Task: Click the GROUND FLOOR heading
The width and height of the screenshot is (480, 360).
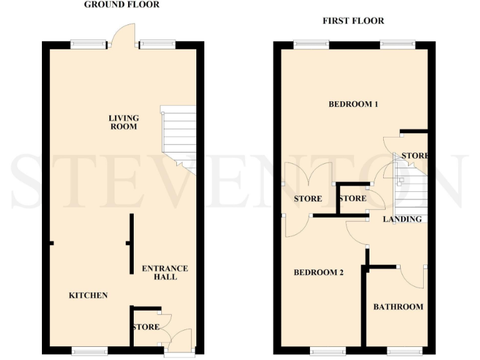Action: (x=122, y=5)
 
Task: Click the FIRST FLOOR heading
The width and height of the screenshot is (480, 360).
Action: (x=353, y=21)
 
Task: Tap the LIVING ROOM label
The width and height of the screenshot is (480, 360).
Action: (x=123, y=122)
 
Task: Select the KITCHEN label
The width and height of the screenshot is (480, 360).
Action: (x=88, y=295)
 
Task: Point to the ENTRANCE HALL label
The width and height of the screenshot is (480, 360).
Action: (x=164, y=272)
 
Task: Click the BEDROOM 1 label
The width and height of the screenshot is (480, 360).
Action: (x=353, y=104)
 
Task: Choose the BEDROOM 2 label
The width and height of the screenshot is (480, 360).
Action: (x=319, y=272)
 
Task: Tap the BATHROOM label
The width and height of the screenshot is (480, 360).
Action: (x=398, y=307)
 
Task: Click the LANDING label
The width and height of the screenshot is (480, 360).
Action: (x=402, y=219)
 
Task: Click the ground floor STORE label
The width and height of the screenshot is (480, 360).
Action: (x=146, y=327)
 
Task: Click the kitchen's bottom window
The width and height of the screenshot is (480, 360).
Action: (x=90, y=352)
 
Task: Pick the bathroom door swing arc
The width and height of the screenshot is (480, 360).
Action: (x=414, y=275)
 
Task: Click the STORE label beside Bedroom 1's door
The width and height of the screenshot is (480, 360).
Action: (x=415, y=156)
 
